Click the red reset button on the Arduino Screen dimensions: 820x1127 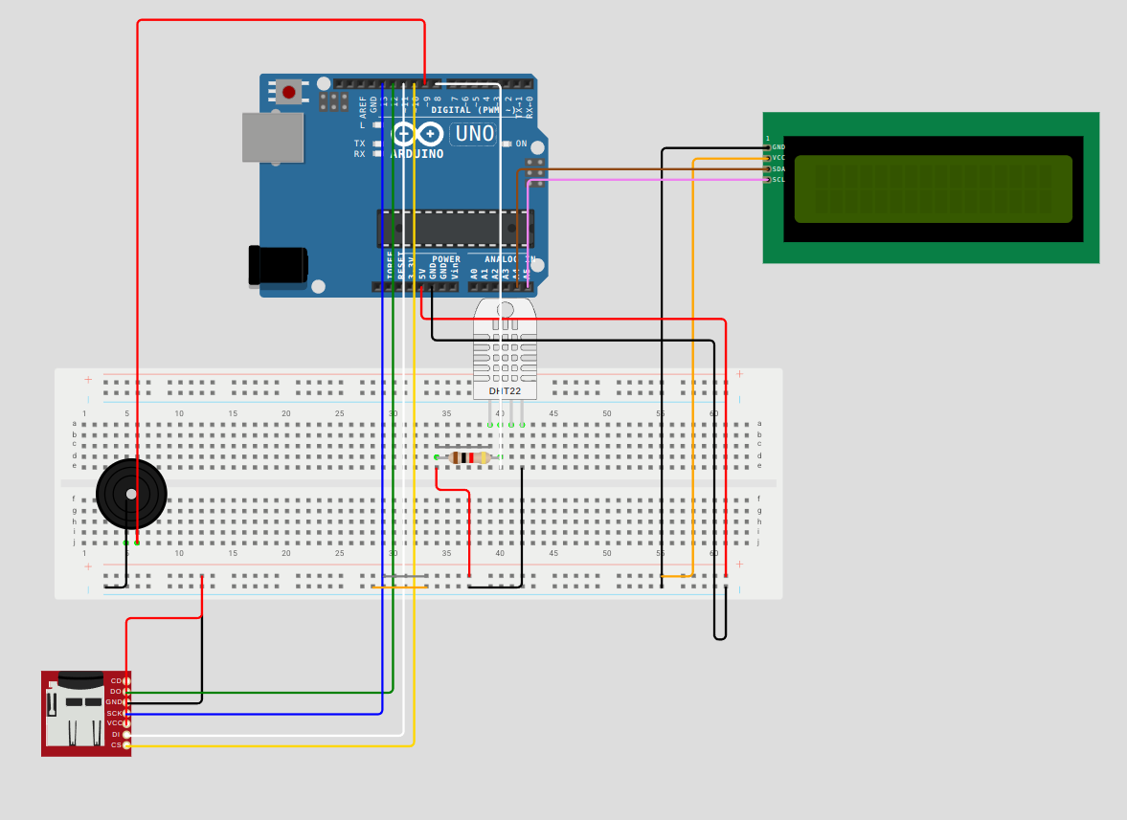point(287,92)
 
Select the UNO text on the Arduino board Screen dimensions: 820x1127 point(474,133)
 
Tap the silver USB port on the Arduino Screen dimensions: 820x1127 point(272,137)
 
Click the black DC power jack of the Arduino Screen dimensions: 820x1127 point(279,265)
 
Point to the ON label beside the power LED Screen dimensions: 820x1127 point(522,144)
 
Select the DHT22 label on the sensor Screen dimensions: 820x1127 point(505,390)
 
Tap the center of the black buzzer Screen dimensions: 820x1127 point(131,494)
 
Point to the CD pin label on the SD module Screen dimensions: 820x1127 point(116,680)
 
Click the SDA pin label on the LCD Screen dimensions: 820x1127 point(778,168)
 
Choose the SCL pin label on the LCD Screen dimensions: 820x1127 point(778,179)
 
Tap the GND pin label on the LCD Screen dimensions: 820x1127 point(778,146)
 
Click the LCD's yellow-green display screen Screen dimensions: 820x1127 point(933,188)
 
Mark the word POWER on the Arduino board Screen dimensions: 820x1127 point(445,259)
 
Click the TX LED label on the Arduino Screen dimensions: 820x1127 point(359,143)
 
